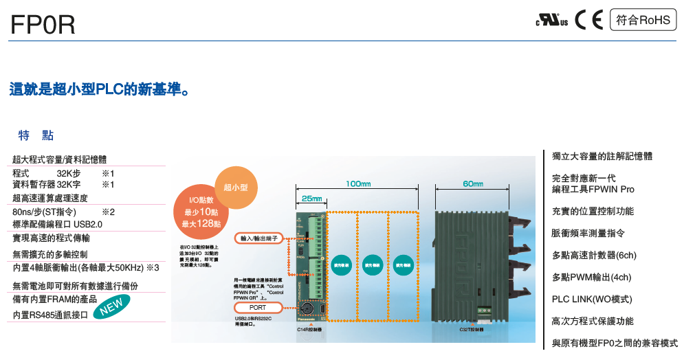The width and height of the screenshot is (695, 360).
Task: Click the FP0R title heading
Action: coord(43,25)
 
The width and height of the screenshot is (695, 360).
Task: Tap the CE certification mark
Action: coord(588,20)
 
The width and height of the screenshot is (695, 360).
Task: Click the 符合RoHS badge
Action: coord(643,20)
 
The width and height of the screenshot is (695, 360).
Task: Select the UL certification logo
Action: coord(552,21)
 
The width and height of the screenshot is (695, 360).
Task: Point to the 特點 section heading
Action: coord(36,135)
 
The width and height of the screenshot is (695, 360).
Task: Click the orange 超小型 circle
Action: coord(236,187)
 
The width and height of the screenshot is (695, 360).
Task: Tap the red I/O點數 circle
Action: coord(201,212)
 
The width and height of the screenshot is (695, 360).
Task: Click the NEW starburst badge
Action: coord(111,306)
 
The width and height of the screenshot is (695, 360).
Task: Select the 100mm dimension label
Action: coord(358,184)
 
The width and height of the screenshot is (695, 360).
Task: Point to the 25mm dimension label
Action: coord(311,199)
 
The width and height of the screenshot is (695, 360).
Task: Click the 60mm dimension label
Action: coord(473,184)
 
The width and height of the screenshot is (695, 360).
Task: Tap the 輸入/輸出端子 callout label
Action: coord(258,238)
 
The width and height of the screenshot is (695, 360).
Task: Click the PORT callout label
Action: coord(258,308)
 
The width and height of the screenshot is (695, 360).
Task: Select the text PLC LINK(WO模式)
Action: coord(592,300)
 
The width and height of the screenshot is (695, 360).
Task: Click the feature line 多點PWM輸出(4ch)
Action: coord(591,278)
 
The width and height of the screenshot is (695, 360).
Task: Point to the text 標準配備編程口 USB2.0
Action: coord(58,225)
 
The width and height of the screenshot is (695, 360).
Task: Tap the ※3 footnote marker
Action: coord(153,267)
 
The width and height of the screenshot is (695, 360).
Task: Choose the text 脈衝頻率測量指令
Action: coord(588,234)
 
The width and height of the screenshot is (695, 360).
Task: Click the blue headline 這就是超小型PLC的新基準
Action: coord(99,90)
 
